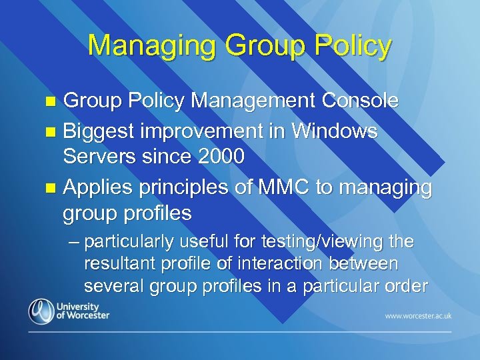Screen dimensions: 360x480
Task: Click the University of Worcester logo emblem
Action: (40, 311)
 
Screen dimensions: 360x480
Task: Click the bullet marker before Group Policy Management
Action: (55, 102)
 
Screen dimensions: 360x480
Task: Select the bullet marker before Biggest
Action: (55, 133)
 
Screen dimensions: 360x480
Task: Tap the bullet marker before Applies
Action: (55, 189)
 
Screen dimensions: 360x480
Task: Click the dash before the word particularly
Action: (73, 241)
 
